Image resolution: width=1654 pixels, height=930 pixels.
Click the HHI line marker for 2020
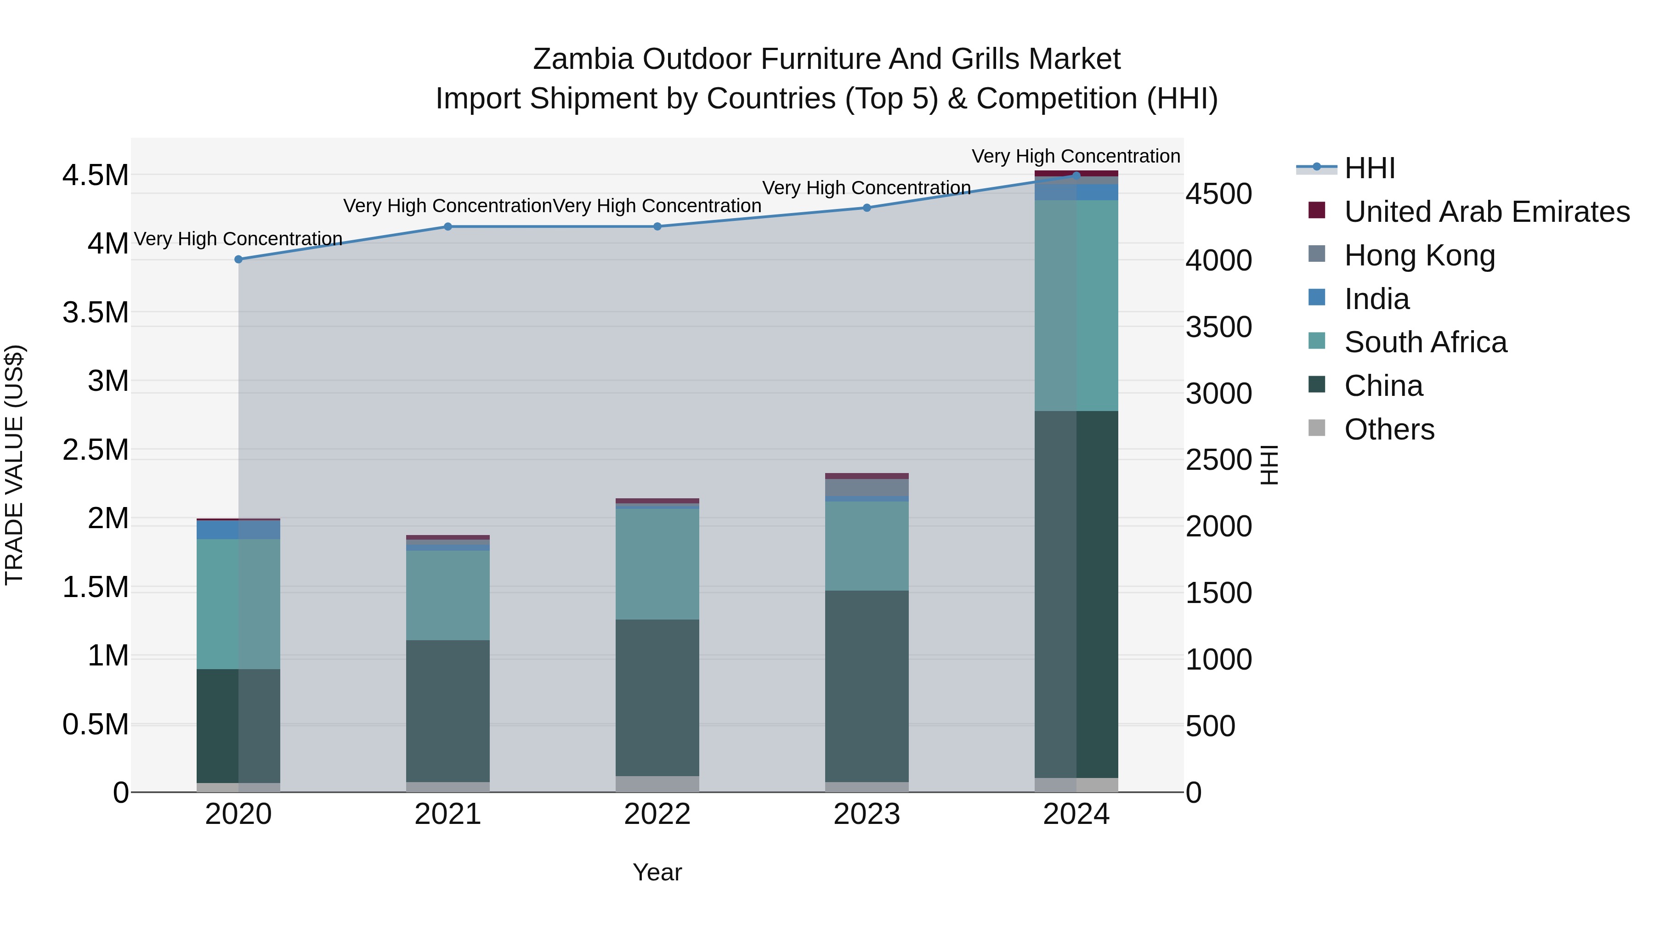[x=238, y=259]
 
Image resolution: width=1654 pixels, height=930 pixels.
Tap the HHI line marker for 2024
[x=1076, y=175]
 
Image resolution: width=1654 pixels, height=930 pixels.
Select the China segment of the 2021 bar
[x=447, y=710]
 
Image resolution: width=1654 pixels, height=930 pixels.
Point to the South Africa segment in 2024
[x=1076, y=305]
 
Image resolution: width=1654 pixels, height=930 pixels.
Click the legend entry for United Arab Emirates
[x=1486, y=212]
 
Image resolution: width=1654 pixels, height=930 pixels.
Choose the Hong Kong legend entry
[x=1419, y=255]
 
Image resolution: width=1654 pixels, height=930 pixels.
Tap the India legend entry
[x=1376, y=299]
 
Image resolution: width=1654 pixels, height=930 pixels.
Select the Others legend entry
[x=1389, y=429]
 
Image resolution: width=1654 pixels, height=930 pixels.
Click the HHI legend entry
[x=1369, y=168]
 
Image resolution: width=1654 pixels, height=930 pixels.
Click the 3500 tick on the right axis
[x=1218, y=327]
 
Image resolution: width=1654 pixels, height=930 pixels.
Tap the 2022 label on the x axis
[x=657, y=814]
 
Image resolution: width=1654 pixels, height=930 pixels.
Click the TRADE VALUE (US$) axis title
[x=14, y=465]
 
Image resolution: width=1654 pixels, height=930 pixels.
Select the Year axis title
[x=657, y=872]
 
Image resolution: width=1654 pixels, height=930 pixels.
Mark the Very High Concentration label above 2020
[x=238, y=239]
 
